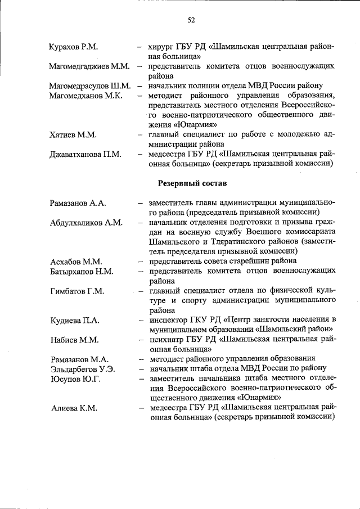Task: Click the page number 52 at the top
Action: (191, 21)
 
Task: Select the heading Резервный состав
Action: (192, 183)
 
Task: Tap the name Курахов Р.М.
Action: (74, 46)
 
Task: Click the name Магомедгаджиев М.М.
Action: (89, 66)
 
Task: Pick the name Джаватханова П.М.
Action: (85, 154)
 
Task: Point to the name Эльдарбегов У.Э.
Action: (82, 368)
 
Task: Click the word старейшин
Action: (246, 261)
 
